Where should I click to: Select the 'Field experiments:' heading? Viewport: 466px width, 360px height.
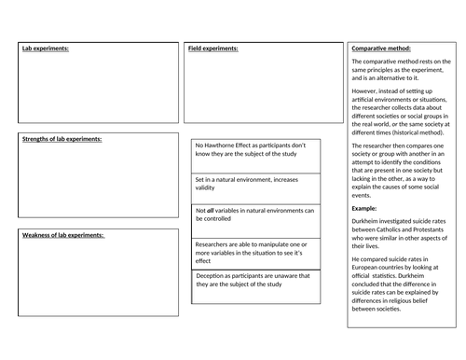(213, 48)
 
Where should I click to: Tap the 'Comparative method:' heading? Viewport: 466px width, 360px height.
(382, 48)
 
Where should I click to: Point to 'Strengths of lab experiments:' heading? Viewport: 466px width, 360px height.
(62, 139)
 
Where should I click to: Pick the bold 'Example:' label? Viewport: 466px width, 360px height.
(365, 209)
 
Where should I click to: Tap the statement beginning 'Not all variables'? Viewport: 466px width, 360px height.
(254, 215)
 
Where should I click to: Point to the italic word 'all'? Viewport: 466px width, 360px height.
(212, 211)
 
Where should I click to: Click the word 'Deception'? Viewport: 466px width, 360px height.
(212, 277)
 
